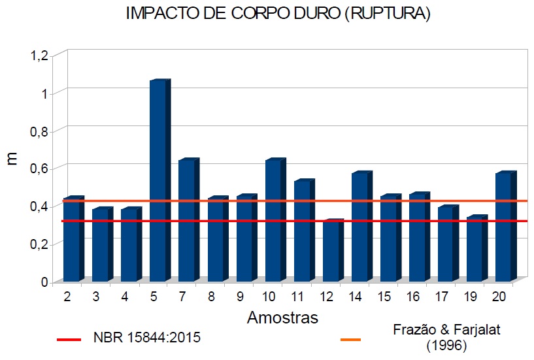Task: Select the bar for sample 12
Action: (x=331, y=252)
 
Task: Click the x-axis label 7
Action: (x=182, y=297)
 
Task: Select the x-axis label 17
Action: (x=442, y=297)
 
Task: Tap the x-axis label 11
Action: (x=297, y=297)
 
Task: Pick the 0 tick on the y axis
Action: (x=44, y=282)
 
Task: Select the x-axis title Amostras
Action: (x=282, y=318)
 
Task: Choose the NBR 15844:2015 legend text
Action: (x=146, y=338)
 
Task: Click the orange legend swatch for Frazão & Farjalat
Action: (x=353, y=340)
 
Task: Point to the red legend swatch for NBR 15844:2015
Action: (x=69, y=340)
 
